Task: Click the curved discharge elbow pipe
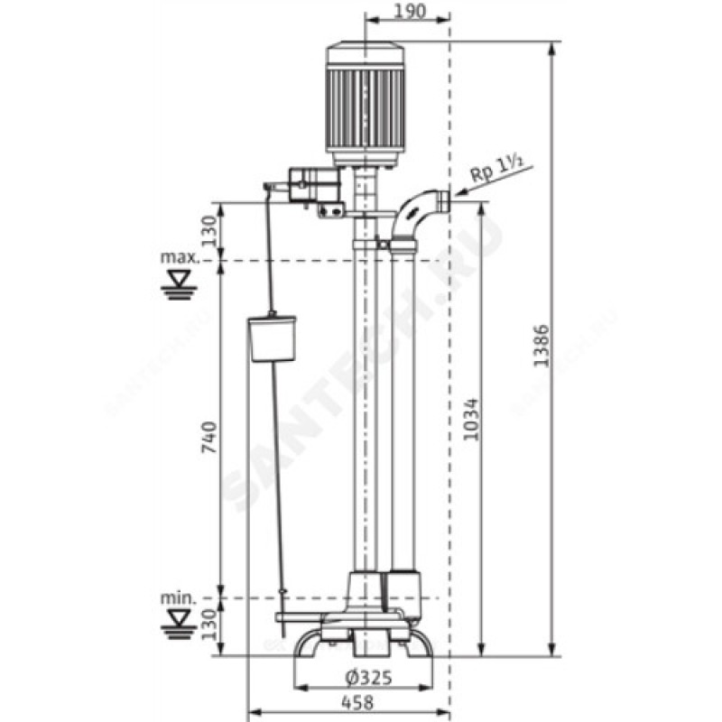click(x=411, y=215)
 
